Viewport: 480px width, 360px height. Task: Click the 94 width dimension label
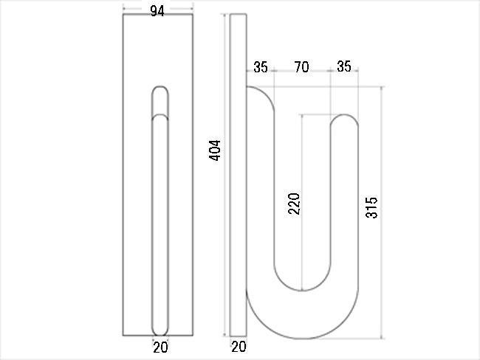click(157, 11)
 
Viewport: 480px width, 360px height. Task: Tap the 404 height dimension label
click(215, 150)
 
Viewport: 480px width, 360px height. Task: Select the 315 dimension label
click(371, 208)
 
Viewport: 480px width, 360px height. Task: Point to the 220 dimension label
click(294, 204)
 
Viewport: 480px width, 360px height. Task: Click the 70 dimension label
click(301, 67)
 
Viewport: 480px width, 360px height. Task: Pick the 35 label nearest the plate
click(261, 67)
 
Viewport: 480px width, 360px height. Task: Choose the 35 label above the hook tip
click(344, 66)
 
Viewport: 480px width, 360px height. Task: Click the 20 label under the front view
click(160, 347)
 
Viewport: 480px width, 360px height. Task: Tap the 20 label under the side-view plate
click(239, 347)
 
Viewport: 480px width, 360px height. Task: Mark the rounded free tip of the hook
click(344, 115)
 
